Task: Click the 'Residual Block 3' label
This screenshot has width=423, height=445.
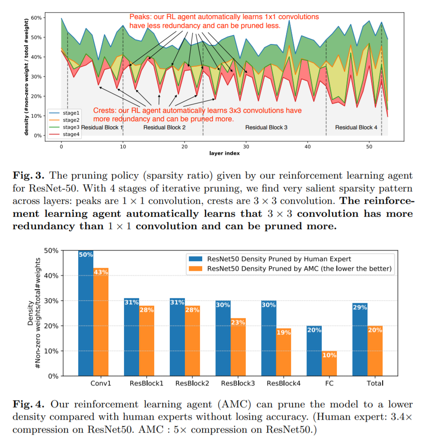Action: [x=266, y=127]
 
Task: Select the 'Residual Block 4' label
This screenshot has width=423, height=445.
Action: [x=356, y=127]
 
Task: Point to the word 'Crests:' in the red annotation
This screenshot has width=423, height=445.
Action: [x=104, y=111]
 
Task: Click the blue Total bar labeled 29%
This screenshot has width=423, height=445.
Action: [x=360, y=339]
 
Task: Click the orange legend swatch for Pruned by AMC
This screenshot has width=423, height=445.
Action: [x=194, y=268]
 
